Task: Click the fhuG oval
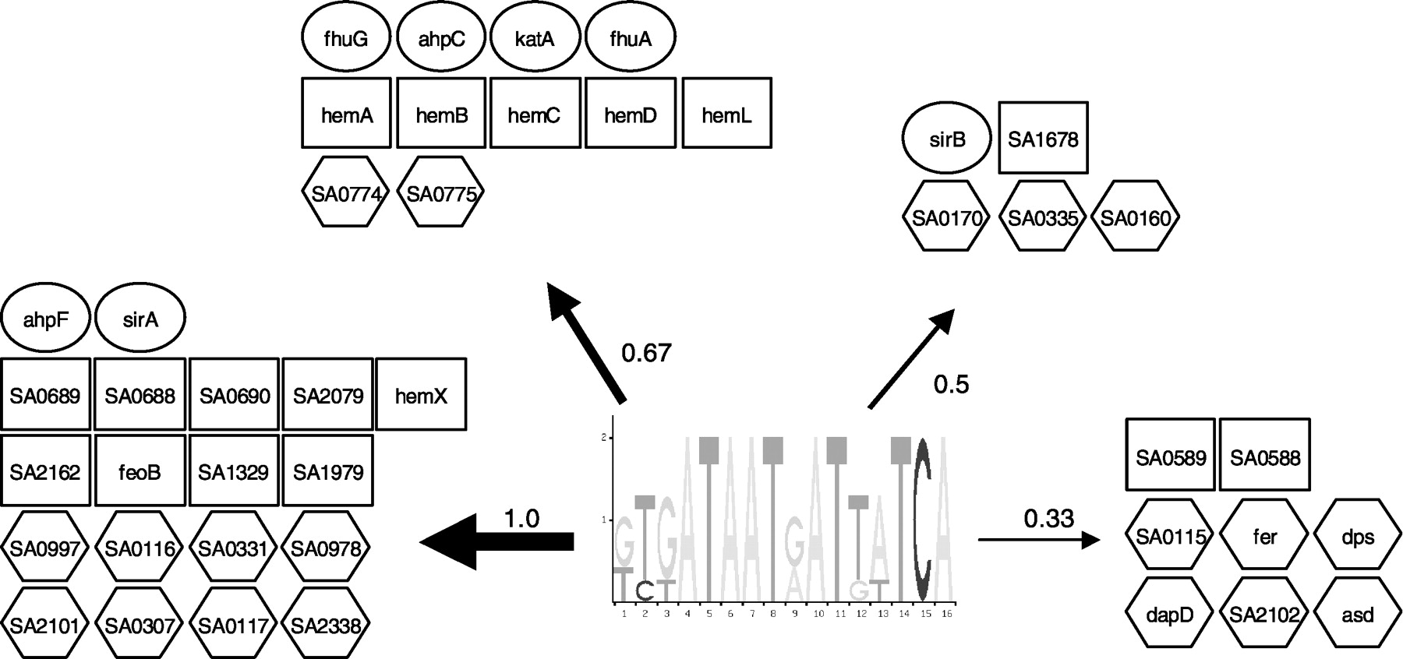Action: click(345, 38)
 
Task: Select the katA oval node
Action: click(535, 38)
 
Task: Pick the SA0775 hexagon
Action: click(441, 192)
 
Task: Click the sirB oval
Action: click(947, 139)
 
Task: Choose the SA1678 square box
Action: click(1043, 138)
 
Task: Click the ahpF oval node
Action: click(45, 319)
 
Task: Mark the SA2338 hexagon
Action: click(327, 624)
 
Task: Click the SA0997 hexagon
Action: click(45, 548)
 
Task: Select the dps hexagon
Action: click(1358, 536)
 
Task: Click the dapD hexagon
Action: click(1171, 614)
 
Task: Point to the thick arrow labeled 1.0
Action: click(499, 541)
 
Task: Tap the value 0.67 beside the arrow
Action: click(646, 353)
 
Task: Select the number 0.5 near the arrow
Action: click(951, 383)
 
